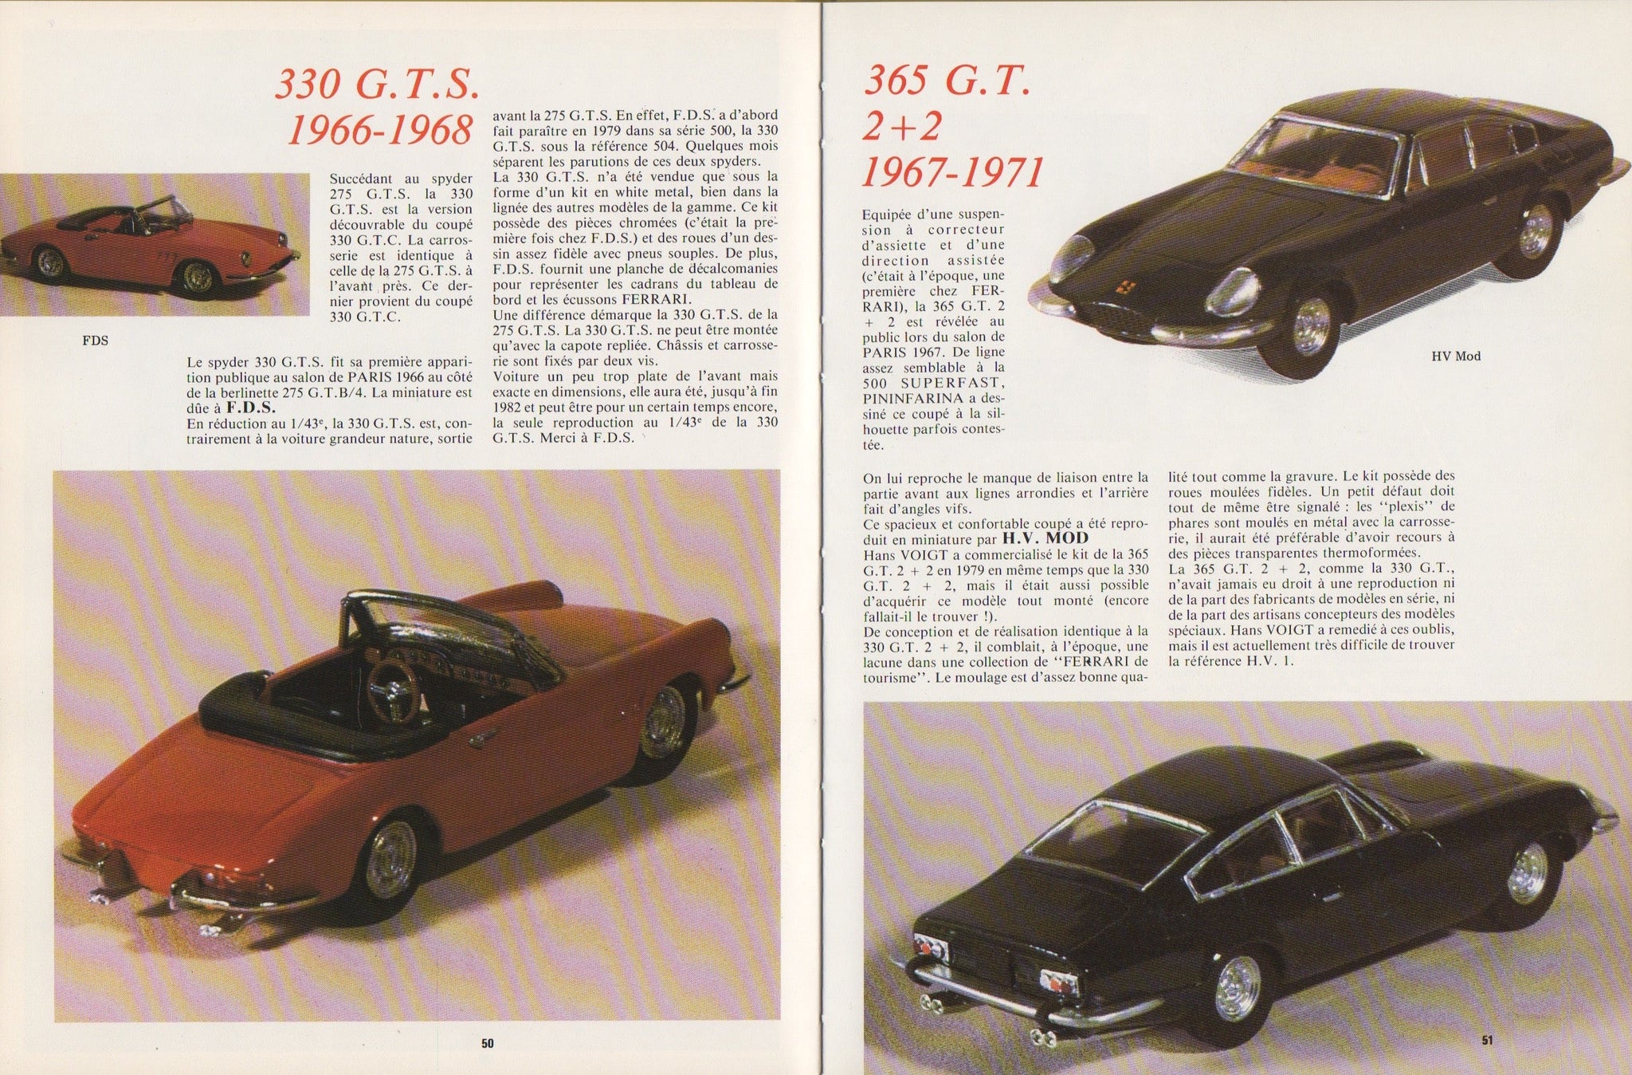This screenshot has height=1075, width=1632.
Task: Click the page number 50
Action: (x=488, y=1042)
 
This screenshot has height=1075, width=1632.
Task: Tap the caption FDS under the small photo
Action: (x=95, y=341)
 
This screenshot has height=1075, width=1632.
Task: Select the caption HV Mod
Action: (x=1455, y=356)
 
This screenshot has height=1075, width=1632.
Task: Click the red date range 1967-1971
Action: (x=952, y=172)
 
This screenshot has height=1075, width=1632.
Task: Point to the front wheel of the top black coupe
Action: (x=1311, y=327)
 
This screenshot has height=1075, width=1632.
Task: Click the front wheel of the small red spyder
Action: (x=198, y=276)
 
